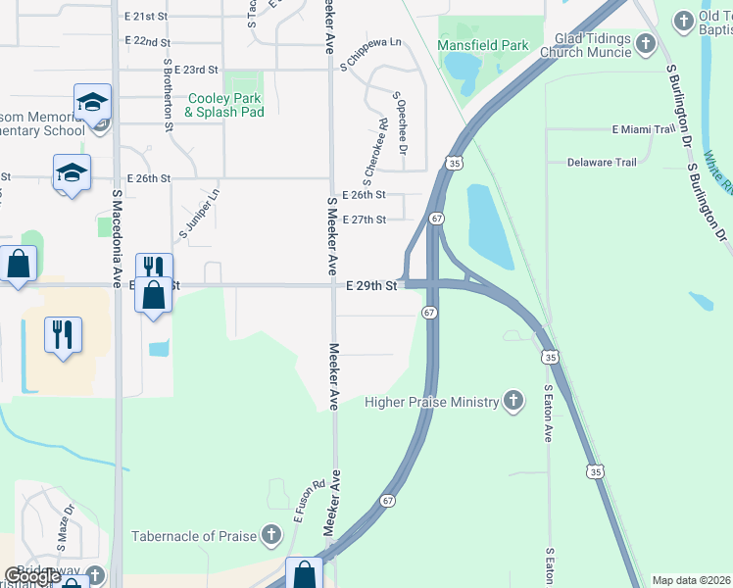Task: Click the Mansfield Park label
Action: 482,45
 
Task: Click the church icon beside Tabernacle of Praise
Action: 271,534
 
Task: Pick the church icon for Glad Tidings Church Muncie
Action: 645,43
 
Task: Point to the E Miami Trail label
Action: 644,129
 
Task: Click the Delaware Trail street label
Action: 605,162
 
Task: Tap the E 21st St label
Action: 147,17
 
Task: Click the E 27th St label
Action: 365,220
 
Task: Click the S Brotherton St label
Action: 169,98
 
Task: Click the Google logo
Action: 32,576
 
